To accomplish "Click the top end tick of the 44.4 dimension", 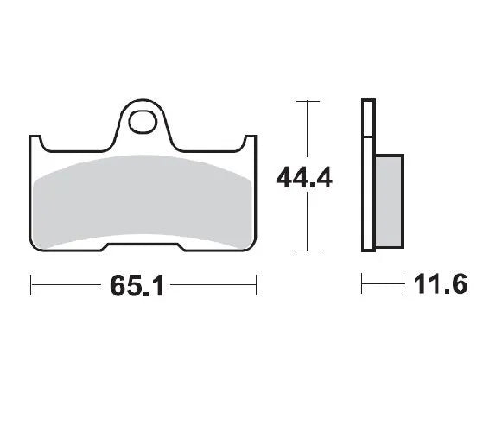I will [x=302, y=101].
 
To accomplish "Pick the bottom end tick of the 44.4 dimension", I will [x=302, y=251].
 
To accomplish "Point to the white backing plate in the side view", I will [x=367, y=176].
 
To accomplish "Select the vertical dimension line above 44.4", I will [x=302, y=130].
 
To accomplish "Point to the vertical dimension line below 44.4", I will [x=302, y=225].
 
